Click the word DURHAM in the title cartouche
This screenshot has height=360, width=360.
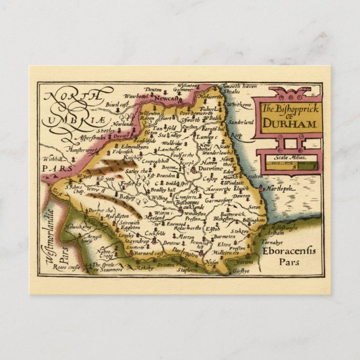point(288,124)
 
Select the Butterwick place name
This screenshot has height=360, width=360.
point(231,214)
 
